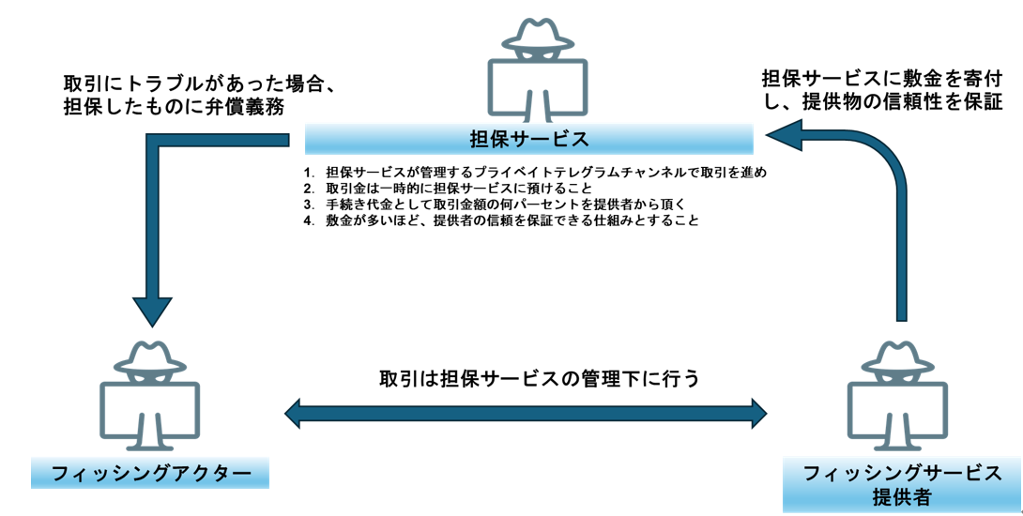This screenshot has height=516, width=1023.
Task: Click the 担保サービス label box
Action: [528, 141]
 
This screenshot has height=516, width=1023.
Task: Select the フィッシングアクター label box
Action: [150, 473]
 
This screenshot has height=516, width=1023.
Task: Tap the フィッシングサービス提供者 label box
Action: [902, 484]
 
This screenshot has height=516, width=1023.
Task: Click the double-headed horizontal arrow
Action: [526, 411]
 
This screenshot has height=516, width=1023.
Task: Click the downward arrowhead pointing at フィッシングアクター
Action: [152, 309]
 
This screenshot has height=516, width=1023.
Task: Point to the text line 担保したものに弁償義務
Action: [174, 107]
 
